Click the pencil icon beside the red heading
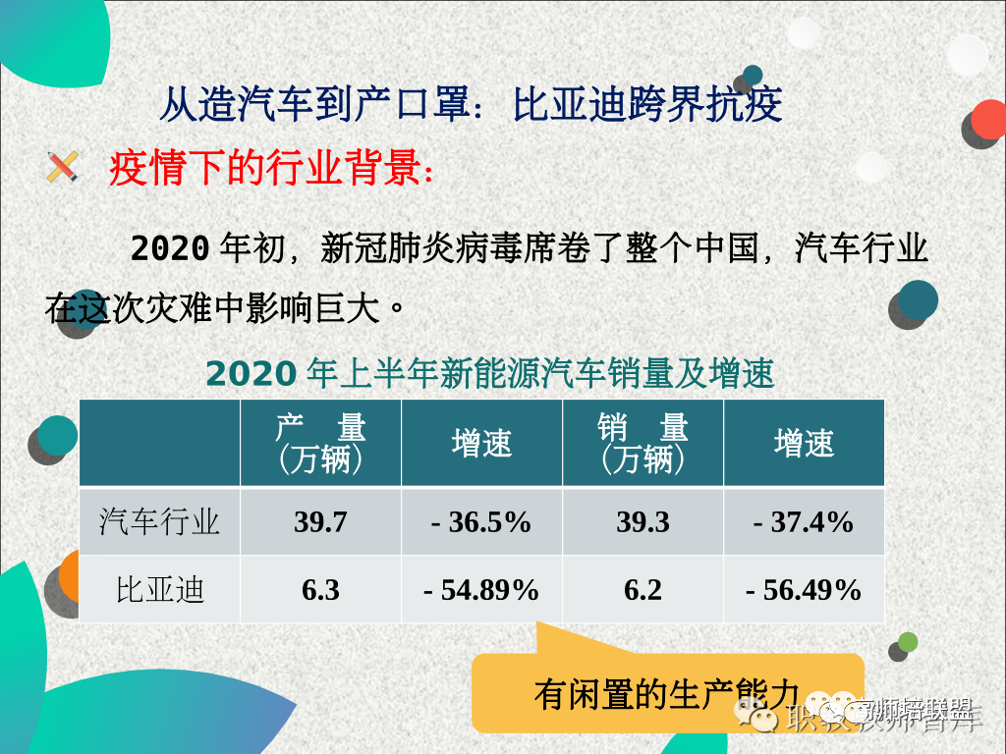pos(62,167)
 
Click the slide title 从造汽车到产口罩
pos(471,103)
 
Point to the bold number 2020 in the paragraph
pos(169,248)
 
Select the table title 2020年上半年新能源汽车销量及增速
pos(489,374)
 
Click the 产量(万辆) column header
pos(320,443)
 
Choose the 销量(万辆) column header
pos(643,443)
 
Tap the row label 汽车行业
pos(159,521)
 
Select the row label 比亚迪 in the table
pos(159,590)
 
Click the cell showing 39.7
pos(320,521)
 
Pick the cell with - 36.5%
pos(481,521)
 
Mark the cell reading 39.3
pos(643,521)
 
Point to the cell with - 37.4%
pos(804,521)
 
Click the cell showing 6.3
pos(320,590)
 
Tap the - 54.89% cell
pos(481,590)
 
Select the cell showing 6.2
pos(643,590)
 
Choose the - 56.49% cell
pos(804,590)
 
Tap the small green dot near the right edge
pos(908,642)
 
